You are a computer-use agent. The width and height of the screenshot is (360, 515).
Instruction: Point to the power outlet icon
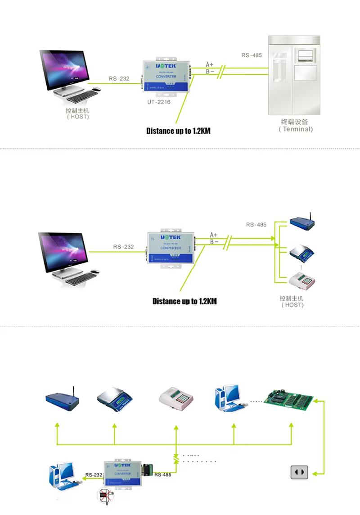(x=299, y=472)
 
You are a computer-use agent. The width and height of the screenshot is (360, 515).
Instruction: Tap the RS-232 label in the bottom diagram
(x=93, y=475)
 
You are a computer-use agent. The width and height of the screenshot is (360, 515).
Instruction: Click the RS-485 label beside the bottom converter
(x=162, y=475)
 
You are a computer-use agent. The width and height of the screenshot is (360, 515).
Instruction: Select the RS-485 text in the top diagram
(x=252, y=55)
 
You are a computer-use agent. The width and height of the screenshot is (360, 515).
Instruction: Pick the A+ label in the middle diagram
(x=214, y=235)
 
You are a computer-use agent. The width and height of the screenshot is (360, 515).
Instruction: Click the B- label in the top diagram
(x=210, y=72)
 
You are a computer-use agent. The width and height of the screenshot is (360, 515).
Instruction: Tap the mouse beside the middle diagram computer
(x=94, y=271)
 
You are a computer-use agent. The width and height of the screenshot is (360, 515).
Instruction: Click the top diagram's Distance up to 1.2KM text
(x=178, y=131)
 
